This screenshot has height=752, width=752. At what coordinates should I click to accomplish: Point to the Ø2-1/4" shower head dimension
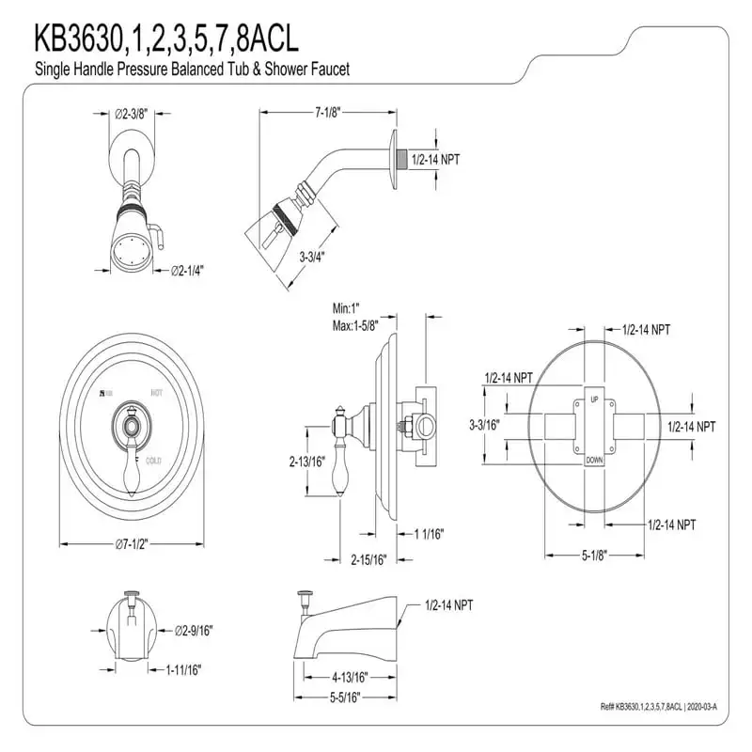tap(188, 271)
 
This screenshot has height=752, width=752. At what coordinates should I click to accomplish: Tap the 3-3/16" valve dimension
tap(483, 425)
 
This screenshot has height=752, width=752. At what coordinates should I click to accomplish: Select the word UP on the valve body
tap(593, 400)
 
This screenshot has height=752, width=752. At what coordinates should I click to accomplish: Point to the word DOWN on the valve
tap(594, 460)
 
